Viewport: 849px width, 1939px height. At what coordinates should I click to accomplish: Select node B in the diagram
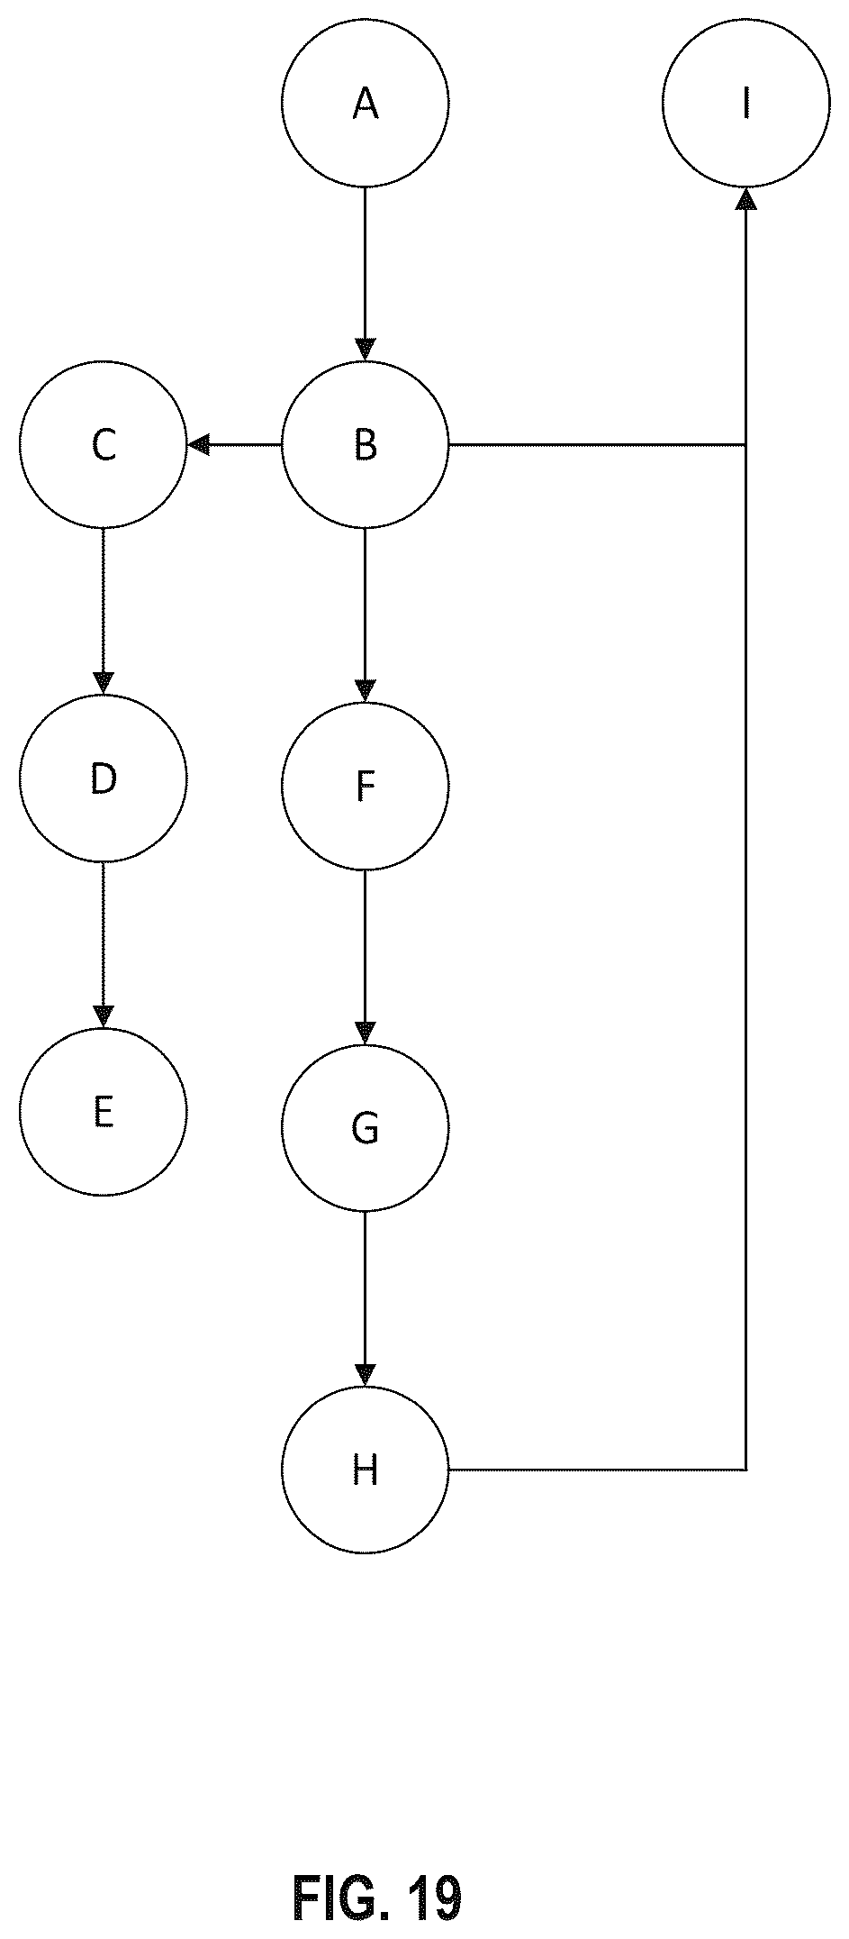365,444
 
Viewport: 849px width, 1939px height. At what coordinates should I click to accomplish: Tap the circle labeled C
104,444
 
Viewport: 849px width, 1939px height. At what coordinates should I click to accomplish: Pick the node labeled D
104,778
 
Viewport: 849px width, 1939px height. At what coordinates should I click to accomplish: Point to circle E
104,1111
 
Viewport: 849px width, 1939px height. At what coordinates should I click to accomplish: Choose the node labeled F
365,786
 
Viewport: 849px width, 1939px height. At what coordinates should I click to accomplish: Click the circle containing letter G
365,1128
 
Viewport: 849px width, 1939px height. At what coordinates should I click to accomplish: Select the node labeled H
365,1470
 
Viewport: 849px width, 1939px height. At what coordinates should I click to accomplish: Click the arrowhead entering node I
745,199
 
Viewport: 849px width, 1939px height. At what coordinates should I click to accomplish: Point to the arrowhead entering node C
199,444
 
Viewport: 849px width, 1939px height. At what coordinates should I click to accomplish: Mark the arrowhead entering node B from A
365,350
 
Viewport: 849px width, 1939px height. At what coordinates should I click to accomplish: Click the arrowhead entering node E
104,1016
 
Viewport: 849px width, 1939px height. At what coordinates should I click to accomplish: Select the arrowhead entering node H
365,1375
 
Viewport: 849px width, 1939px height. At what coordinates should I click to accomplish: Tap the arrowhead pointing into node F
365,691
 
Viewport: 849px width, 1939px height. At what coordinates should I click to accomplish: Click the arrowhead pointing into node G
365,1033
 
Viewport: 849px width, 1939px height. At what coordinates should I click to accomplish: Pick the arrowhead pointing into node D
104,683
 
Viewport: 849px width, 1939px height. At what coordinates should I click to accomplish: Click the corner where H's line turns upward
745,1470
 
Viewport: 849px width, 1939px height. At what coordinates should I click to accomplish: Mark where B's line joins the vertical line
745,444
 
